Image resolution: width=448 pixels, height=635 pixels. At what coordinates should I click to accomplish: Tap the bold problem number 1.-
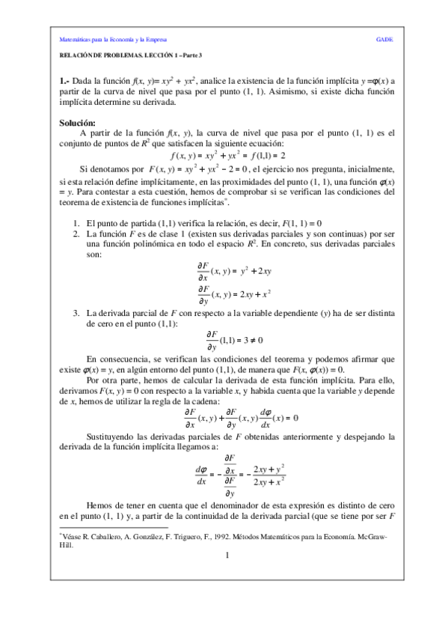pos(64,81)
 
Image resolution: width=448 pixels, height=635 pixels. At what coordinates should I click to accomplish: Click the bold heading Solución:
pos(77,123)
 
